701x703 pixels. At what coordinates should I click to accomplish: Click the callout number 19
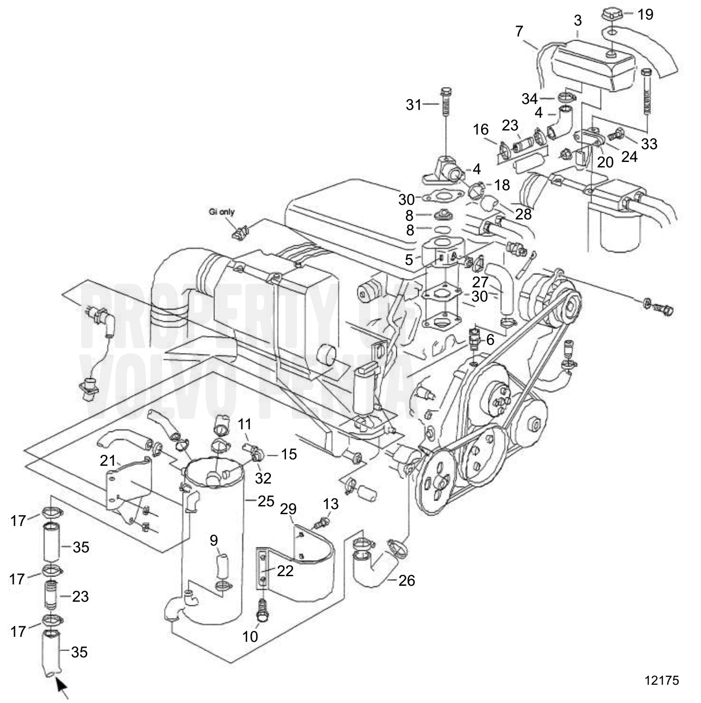[x=645, y=15]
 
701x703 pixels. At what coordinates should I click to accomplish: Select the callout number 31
[x=414, y=105]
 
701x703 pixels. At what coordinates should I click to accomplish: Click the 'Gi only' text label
[x=222, y=212]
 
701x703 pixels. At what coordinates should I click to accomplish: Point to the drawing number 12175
[x=662, y=680]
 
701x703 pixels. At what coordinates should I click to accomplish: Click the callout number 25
[x=266, y=501]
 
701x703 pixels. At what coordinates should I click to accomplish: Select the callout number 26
[x=407, y=580]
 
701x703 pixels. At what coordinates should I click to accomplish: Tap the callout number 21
[x=108, y=461]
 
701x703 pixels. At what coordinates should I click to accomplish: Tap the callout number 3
[x=578, y=21]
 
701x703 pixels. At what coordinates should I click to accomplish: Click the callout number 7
[x=519, y=31]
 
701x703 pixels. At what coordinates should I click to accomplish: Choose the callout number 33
[x=649, y=143]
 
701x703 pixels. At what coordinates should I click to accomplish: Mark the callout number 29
[x=288, y=509]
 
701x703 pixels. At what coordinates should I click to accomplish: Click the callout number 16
[x=481, y=130]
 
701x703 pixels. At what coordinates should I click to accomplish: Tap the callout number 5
[x=409, y=260]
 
